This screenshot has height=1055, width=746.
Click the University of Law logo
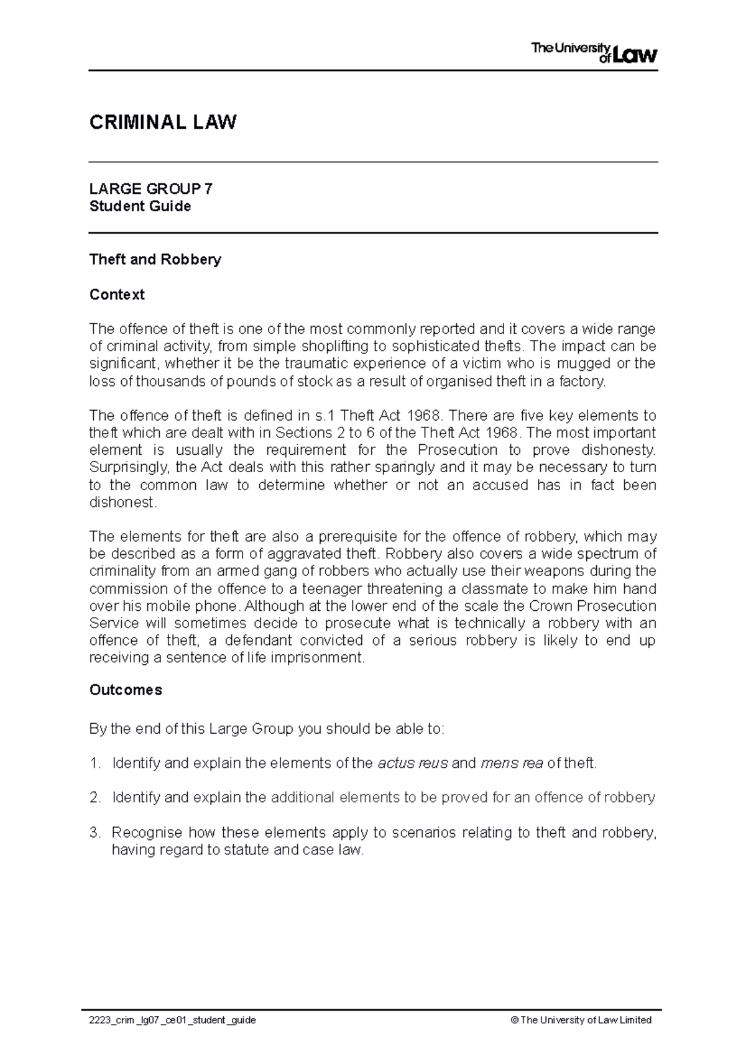[x=594, y=52]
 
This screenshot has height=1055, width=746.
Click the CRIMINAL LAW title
[x=163, y=122]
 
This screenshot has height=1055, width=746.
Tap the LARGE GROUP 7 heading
[x=151, y=189]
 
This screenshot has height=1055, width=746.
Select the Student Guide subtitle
[x=140, y=206]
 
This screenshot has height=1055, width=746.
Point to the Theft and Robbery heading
[x=155, y=259]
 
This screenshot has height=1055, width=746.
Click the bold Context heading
[x=117, y=295]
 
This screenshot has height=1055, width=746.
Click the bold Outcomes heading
[x=126, y=690]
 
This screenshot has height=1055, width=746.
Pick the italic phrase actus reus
[x=413, y=763]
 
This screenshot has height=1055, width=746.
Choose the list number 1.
[x=94, y=763]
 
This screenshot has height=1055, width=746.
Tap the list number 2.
[x=94, y=798]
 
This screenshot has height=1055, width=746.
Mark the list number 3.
[x=94, y=833]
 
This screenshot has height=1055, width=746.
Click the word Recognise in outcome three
[x=147, y=833]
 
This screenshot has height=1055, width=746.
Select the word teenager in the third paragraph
[x=336, y=588]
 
